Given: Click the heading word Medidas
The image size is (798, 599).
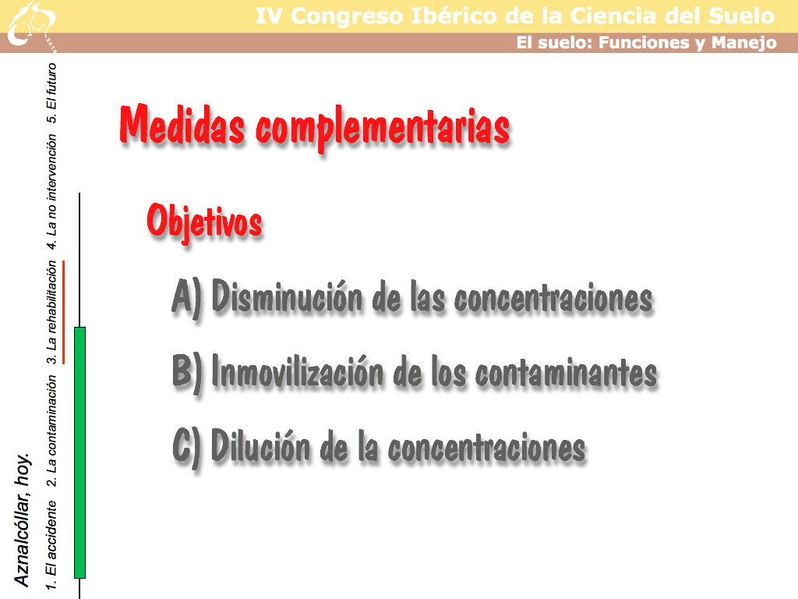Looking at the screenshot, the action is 182,124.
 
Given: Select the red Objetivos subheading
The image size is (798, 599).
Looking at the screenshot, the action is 205,221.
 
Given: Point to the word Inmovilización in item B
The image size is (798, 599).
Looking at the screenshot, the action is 297,370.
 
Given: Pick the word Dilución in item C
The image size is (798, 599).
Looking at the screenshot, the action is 260,445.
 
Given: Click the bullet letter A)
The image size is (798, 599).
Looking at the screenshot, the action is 187,297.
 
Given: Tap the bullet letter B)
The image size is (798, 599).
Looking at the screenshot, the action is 187,372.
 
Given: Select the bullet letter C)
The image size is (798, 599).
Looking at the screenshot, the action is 187,447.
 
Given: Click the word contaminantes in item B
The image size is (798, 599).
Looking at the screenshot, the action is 566,374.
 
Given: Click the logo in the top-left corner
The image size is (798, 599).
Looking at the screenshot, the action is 31,26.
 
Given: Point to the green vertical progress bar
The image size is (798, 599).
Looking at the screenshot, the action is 80,452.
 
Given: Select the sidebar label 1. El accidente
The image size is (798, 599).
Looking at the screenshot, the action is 51,545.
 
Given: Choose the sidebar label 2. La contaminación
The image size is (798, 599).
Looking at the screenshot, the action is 51,431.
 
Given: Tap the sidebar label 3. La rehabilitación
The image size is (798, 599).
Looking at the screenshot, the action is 51,312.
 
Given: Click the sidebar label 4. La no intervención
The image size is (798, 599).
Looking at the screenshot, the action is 51,192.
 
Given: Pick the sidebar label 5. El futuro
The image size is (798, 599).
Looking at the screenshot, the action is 51,93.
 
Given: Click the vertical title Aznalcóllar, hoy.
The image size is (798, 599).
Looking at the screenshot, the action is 22,519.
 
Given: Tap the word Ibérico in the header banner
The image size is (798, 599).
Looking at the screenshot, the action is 454,16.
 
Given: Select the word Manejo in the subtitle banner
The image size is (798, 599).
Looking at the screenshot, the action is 743,43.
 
